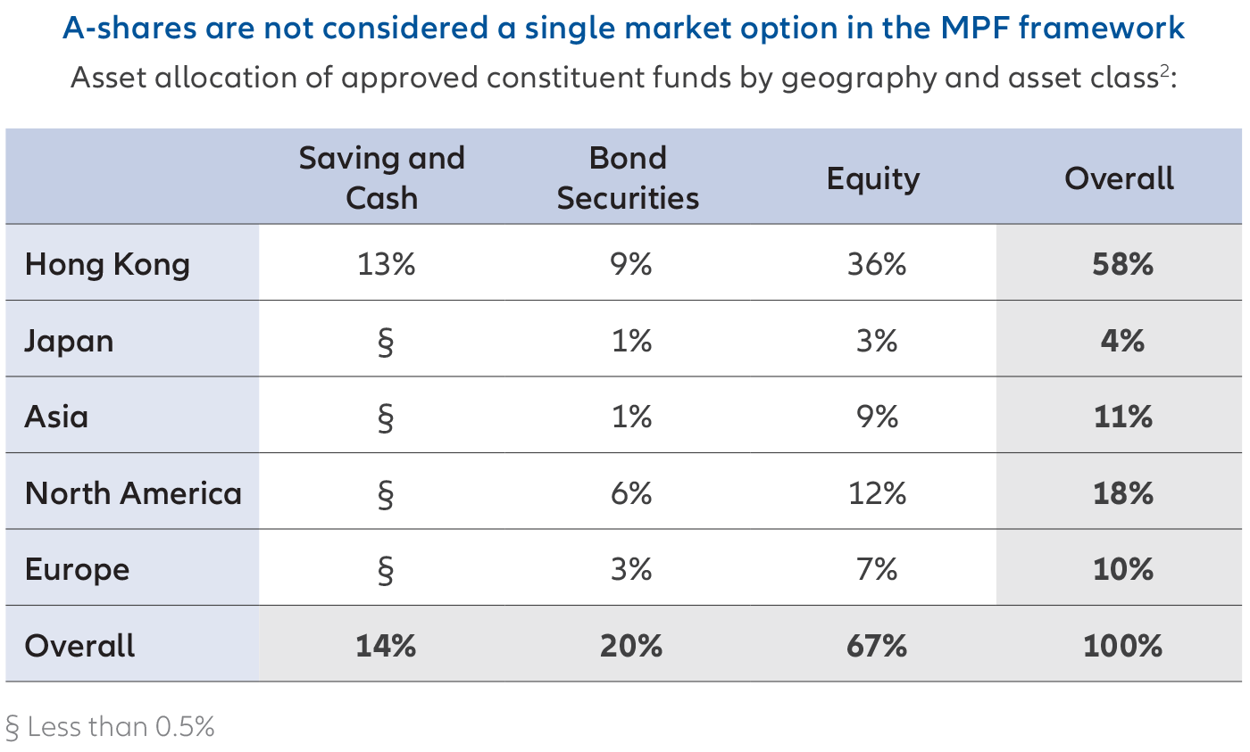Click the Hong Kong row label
point(107,265)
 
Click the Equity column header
point(872,178)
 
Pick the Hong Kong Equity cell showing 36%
point(876,265)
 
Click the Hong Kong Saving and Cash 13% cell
point(385,265)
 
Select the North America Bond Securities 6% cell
point(631,493)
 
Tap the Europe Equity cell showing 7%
point(876,569)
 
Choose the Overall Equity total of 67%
point(876,646)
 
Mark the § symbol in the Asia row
point(385,417)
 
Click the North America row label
point(133,493)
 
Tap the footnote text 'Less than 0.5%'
point(121,727)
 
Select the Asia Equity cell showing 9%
point(876,417)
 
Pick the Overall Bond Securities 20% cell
point(631,646)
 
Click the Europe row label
point(77,569)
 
